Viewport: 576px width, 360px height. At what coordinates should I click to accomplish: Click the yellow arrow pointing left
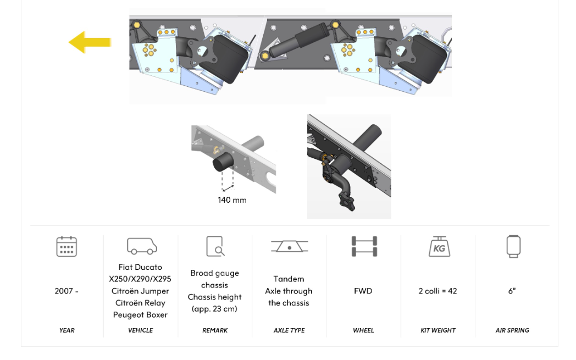click(x=90, y=42)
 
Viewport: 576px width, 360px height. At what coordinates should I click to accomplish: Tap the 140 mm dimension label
click(x=232, y=200)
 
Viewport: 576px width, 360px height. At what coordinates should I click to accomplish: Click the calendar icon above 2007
click(x=67, y=246)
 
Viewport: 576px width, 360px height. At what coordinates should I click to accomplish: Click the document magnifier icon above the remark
click(x=215, y=246)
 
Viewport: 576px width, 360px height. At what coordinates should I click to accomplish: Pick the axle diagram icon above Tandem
click(x=289, y=246)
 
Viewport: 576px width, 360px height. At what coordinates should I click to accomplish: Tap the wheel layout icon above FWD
click(x=364, y=246)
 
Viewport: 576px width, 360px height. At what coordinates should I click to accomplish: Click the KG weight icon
click(x=439, y=246)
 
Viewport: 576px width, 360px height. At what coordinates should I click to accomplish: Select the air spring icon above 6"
click(x=513, y=246)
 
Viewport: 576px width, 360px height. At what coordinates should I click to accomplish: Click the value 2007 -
click(x=67, y=291)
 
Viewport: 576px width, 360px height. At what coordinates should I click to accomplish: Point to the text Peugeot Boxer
click(x=140, y=315)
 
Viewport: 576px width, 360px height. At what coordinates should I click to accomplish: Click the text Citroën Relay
click(x=140, y=303)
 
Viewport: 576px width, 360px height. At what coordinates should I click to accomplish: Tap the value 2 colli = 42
click(x=437, y=291)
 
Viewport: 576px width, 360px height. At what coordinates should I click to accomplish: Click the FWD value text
click(x=363, y=291)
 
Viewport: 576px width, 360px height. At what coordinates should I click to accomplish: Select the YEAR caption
click(x=67, y=330)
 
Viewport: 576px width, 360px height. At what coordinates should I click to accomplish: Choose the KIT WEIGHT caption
click(x=437, y=330)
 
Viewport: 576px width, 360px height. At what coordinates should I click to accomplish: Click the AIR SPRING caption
click(x=512, y=330)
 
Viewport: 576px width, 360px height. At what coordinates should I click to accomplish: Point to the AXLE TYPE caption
click(x=289, y=330)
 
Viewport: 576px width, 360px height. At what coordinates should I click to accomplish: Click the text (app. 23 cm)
click(x=214, y=309)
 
